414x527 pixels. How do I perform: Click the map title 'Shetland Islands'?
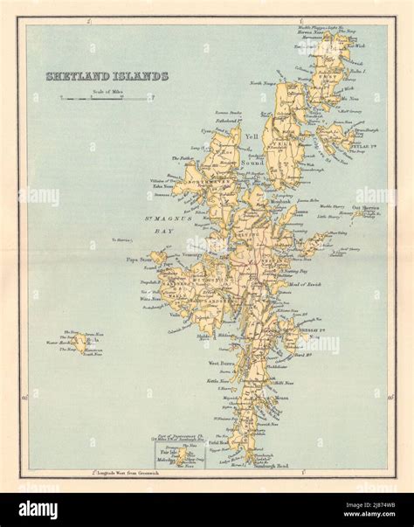pos(107,76)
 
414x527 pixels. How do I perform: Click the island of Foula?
pos(80,343)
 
